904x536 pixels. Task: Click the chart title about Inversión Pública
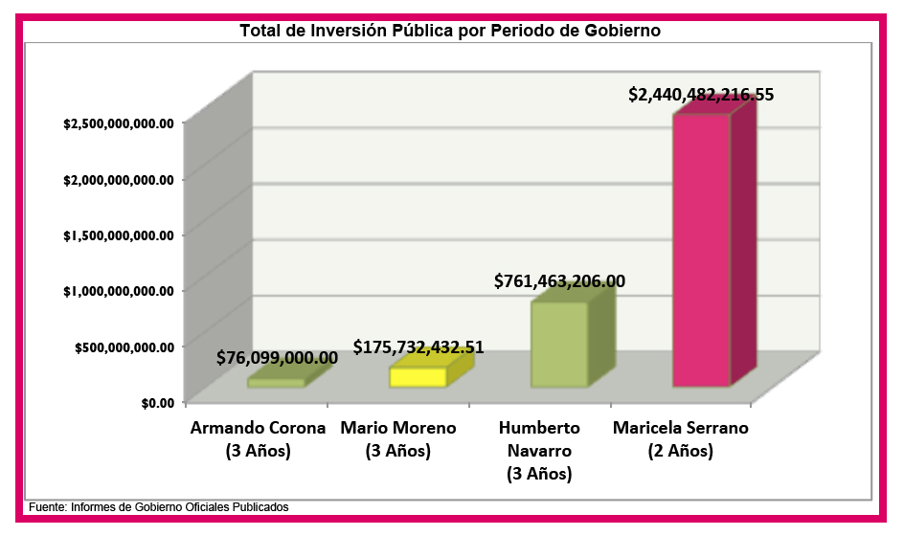pyautogui.click(x=450, y=31)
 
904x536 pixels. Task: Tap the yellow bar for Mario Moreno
pyautogui.click(x=418, y=377)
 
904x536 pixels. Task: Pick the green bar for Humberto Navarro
pyautogui.click(x=559, y=345)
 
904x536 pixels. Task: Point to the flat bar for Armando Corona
pyautogui.click(x=276, y=382)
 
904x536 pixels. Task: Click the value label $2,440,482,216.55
pyautogui.click(x=701, y=95)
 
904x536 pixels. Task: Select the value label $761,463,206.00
pyautogui.click(x=559, y=281)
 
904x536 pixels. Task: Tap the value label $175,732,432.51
pyautogui.click(x=418, y=347)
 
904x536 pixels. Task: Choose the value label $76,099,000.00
pyautogui.click(x=277, y=358)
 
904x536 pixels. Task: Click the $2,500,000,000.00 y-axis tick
pyautogui.click(x=118, y=123)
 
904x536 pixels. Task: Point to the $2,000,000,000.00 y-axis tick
pyautogui.click(x=118, y=179)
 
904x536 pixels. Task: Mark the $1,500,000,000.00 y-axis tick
pyautogui.click(x=118, y=234)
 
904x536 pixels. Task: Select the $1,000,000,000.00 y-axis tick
pyautogui.click(x=118, y=290)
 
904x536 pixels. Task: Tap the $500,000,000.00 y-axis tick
pyautogui.click(x=124, y=346)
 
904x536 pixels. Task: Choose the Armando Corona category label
pyautogui.click(x=259, y=438)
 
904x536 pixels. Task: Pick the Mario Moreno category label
pyautogui.click(x=398, y=438)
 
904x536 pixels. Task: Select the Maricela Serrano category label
pyautogui.click(x=681, y=438)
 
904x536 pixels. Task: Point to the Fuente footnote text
pyautogui.click(x=158, y=506)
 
